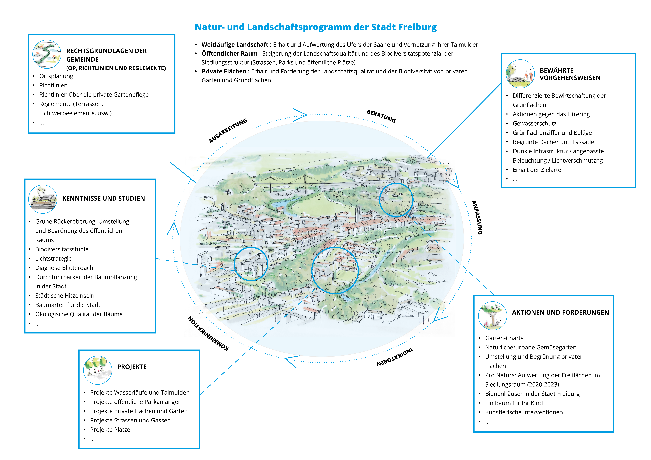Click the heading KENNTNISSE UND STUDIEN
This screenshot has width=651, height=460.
103,198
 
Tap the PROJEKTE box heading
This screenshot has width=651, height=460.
132,367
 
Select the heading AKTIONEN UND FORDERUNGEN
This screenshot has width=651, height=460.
560,312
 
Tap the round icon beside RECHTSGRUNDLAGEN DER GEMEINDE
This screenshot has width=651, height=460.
47,54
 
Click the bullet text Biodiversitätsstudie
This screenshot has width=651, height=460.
62,249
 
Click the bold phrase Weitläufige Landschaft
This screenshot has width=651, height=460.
235,45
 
